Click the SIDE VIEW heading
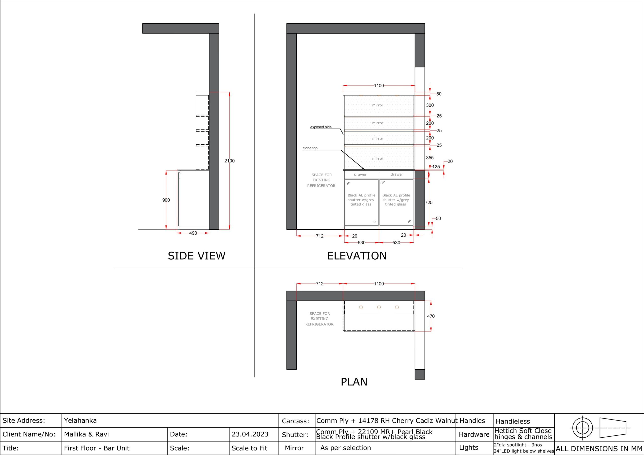[196, 256]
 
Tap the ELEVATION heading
[357, 256]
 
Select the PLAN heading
[354, 382]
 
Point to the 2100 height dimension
[229, 161]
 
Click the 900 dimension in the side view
[166, 200]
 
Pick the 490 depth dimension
[193, 233]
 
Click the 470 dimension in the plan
[431, 316]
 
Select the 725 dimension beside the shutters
[429, 202]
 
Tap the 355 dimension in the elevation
[430, 158]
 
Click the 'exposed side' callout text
[321, 127]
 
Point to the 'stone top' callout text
[310, 148]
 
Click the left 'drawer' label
[360, 175]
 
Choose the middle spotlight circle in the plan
[379, 307]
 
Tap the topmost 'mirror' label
[378, 105]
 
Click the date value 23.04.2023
[250, 434]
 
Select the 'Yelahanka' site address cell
[80, 421]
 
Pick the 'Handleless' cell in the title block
[513, 421]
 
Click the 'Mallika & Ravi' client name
[86, 434]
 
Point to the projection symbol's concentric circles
[583, 428]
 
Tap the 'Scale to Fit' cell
[249, 448]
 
